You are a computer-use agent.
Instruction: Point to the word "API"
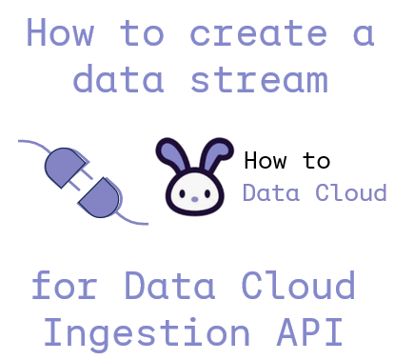(x=308, y=331)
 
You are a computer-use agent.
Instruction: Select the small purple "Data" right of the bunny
(x=265, y=192)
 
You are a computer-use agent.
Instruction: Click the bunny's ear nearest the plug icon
(x=172, y=152)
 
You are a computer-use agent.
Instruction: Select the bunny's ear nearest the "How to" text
(x=218, y=152)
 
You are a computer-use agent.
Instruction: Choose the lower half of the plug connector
(x=101, y=197)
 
